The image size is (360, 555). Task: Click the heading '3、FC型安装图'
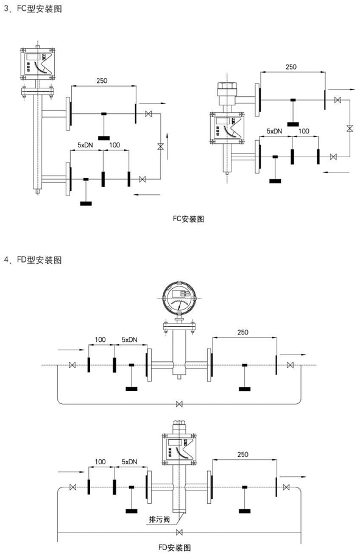[33, 8]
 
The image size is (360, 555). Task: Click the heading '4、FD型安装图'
[33, 260]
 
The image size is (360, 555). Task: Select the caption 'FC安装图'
[188, 219]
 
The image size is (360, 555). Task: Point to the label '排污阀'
[160, 519]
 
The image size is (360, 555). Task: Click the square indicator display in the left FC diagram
[38, 63]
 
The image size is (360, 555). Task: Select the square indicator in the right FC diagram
[227, 129]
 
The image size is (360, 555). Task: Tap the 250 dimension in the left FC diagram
[102, 80]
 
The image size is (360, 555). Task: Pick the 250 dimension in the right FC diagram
[291, 67]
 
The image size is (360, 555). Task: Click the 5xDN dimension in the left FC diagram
[85, 145]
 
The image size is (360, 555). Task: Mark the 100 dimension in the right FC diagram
[304, 131]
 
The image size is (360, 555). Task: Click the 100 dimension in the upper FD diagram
[100, 339]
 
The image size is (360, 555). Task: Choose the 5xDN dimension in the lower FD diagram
[130, 462]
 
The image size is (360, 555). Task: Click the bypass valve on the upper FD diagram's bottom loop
[180, 403]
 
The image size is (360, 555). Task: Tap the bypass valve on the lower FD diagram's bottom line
[180, 532]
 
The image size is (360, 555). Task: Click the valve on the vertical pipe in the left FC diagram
[160, 146]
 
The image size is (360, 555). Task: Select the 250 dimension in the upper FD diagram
[243, 332]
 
